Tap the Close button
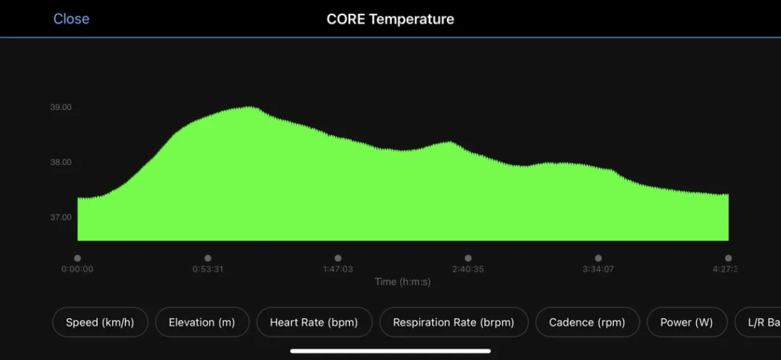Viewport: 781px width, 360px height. click(71, 18)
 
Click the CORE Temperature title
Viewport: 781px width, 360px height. click(390, 18)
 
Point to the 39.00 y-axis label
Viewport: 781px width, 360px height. click(61, 108)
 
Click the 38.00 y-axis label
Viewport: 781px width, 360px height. click(61, 162)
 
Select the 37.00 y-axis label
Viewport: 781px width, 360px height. click(61, 217)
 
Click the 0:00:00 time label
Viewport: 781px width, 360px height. click(77, 269)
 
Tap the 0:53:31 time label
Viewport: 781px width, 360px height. click(207, 269)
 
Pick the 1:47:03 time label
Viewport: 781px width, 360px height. click(338, 269)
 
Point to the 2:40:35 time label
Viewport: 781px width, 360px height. click(468, 269)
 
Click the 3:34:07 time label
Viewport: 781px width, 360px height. click(598, 269)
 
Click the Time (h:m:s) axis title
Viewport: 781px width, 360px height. click(403, 281)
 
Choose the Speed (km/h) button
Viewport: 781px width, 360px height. click(100, 323)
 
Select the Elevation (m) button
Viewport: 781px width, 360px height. click(201, 323)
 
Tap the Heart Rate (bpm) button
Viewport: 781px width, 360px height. click(313, 323)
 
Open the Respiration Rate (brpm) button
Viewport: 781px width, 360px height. click(453, 323)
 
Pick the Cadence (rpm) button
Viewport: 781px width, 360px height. click(587, 323)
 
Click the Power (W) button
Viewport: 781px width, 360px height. click(686, 323)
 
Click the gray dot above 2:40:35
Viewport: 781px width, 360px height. click(468, 258)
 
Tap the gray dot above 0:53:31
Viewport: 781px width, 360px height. click(207, 258)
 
